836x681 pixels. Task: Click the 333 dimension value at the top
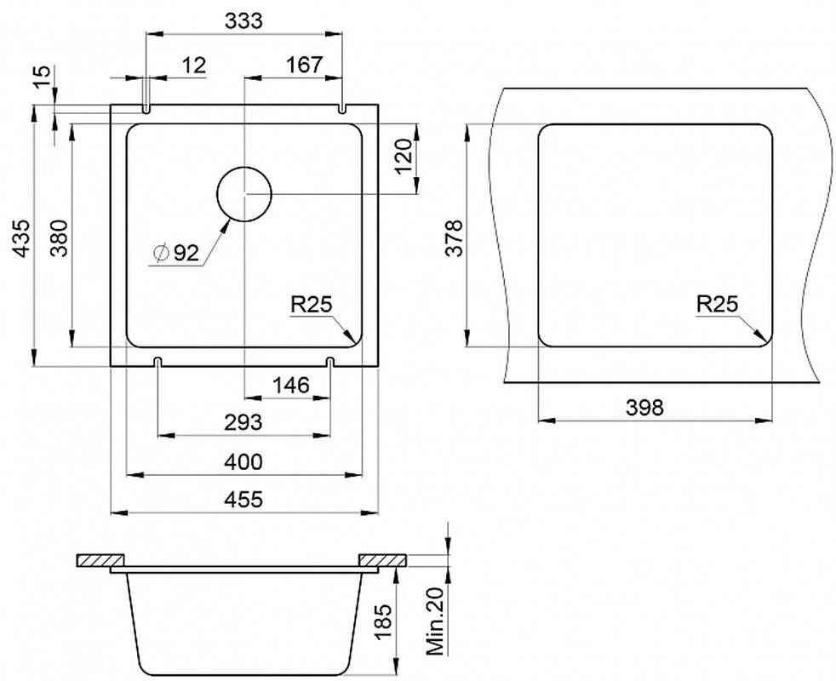(243, 20)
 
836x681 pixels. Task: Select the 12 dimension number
(193, 66)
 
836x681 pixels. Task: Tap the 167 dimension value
(305, 65)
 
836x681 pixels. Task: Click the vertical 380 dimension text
(60, 237)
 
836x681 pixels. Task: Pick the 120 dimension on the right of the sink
(404, 157)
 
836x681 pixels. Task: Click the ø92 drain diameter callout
(175, 253)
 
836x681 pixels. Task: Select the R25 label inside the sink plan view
(312, 305)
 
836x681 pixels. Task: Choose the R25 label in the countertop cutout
(717, 304)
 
